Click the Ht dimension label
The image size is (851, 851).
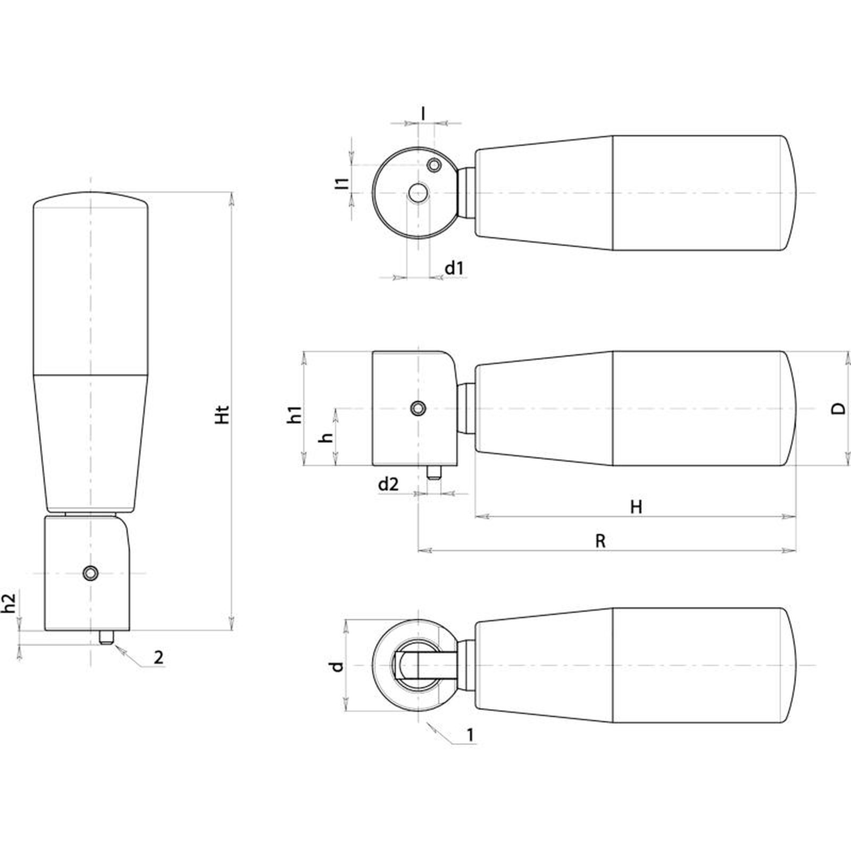tap(223, 415)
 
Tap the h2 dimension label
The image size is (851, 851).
tap(9, 603)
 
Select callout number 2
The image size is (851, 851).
tap(158, 657)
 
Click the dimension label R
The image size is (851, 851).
tap(600, 541)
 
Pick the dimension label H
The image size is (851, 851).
tap(636, 507)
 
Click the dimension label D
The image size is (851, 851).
tap(838, 408)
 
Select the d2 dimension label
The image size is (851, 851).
tap(388, 484)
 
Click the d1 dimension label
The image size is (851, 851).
tap(454, 268)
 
